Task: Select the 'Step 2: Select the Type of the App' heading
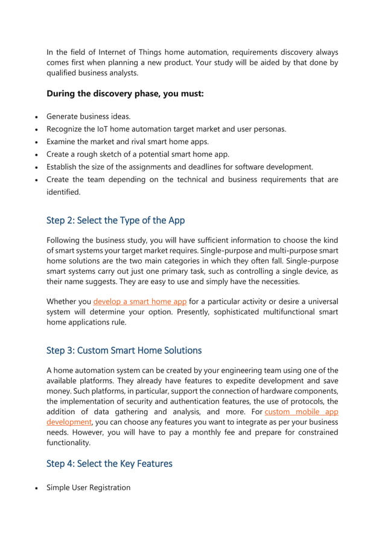coord(115,220)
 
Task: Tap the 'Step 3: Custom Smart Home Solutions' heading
coord(124,350)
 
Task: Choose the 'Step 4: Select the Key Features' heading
coord(109,463)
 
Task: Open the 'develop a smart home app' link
coord(140,302)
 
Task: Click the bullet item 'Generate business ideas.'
coord(89,116)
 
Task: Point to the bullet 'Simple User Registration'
coord(88,487)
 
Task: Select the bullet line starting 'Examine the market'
coord(127,142)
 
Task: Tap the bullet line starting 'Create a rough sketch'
coord(138,154)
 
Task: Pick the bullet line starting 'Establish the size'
coord(179,167)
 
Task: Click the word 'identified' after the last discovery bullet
coord(63,192)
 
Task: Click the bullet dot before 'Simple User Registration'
coord(37,488)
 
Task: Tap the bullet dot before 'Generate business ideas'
coord(37,117)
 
